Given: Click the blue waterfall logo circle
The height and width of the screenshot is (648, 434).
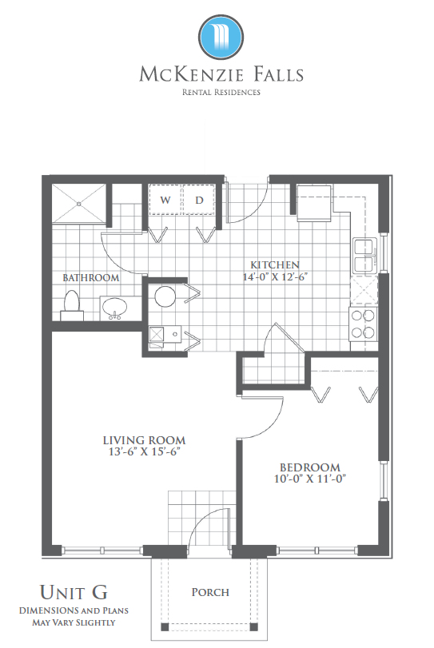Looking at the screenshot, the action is [221, 38].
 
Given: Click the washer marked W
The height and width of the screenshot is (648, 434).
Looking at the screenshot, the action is [165, 200].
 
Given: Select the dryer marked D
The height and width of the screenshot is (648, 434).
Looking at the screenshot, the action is [199, 200].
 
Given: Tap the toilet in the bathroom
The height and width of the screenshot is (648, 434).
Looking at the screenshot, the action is [72, 305].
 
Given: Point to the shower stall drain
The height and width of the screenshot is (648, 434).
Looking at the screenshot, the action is [79, 204].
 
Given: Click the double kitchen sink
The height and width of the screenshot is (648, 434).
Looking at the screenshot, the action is [364, 255].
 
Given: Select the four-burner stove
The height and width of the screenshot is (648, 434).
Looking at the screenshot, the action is [363, 324].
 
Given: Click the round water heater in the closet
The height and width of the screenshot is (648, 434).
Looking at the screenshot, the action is [165, 296].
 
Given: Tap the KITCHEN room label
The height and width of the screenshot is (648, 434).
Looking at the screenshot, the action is [275, 265].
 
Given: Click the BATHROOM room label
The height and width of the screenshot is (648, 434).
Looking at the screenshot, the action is [91, 278].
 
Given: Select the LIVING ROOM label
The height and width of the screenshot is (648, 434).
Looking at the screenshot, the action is [144, 440].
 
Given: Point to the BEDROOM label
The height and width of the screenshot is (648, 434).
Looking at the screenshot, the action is [310, 467].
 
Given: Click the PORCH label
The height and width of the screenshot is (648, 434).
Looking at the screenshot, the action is [210, 592].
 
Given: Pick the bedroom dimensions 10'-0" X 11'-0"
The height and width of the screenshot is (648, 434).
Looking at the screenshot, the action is [310, 479].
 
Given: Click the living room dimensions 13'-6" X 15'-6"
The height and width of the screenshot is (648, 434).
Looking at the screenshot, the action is [144, 451].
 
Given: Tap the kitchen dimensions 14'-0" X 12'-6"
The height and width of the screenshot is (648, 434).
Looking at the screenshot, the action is [275, 276].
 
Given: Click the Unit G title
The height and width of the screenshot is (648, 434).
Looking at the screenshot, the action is [74, 592].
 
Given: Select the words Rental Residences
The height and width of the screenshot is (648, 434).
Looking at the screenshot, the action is [221, 92].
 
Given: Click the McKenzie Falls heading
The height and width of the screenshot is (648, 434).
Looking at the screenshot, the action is [221, 74].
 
